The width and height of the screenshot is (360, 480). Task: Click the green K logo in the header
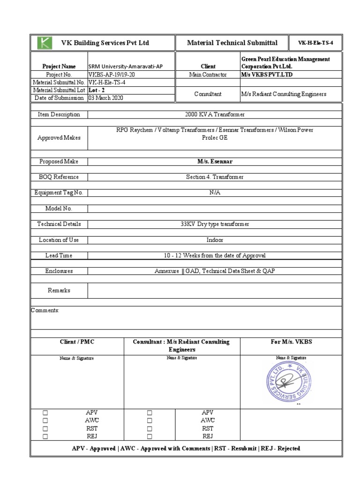click(45, 43)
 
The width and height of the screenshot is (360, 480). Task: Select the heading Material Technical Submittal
click(232, 43)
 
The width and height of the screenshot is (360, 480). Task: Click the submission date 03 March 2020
click(107, 98)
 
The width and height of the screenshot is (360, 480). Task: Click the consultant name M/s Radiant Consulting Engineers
click(283, 94)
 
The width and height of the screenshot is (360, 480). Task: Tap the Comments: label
click(45, 310)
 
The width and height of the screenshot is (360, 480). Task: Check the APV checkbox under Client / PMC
click(45, 413)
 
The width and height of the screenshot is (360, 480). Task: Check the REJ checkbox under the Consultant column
click(150, 436)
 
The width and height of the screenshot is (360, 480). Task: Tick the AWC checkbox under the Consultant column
click(150, 420)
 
